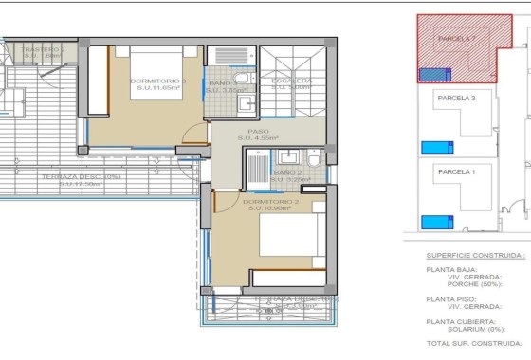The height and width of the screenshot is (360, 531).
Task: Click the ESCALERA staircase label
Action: tap(291, 81)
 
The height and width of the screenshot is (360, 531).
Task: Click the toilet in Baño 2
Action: tap(314, 155)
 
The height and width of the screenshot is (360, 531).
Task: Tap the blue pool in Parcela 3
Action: tap(436, 148)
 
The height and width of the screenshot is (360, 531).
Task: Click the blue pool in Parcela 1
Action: tap(436, 222)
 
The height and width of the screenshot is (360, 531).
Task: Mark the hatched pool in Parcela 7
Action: tap(434, 73)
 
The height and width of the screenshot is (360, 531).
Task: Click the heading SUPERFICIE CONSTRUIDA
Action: tap(474, 255)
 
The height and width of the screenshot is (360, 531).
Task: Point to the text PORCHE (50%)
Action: tap(479, 285)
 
